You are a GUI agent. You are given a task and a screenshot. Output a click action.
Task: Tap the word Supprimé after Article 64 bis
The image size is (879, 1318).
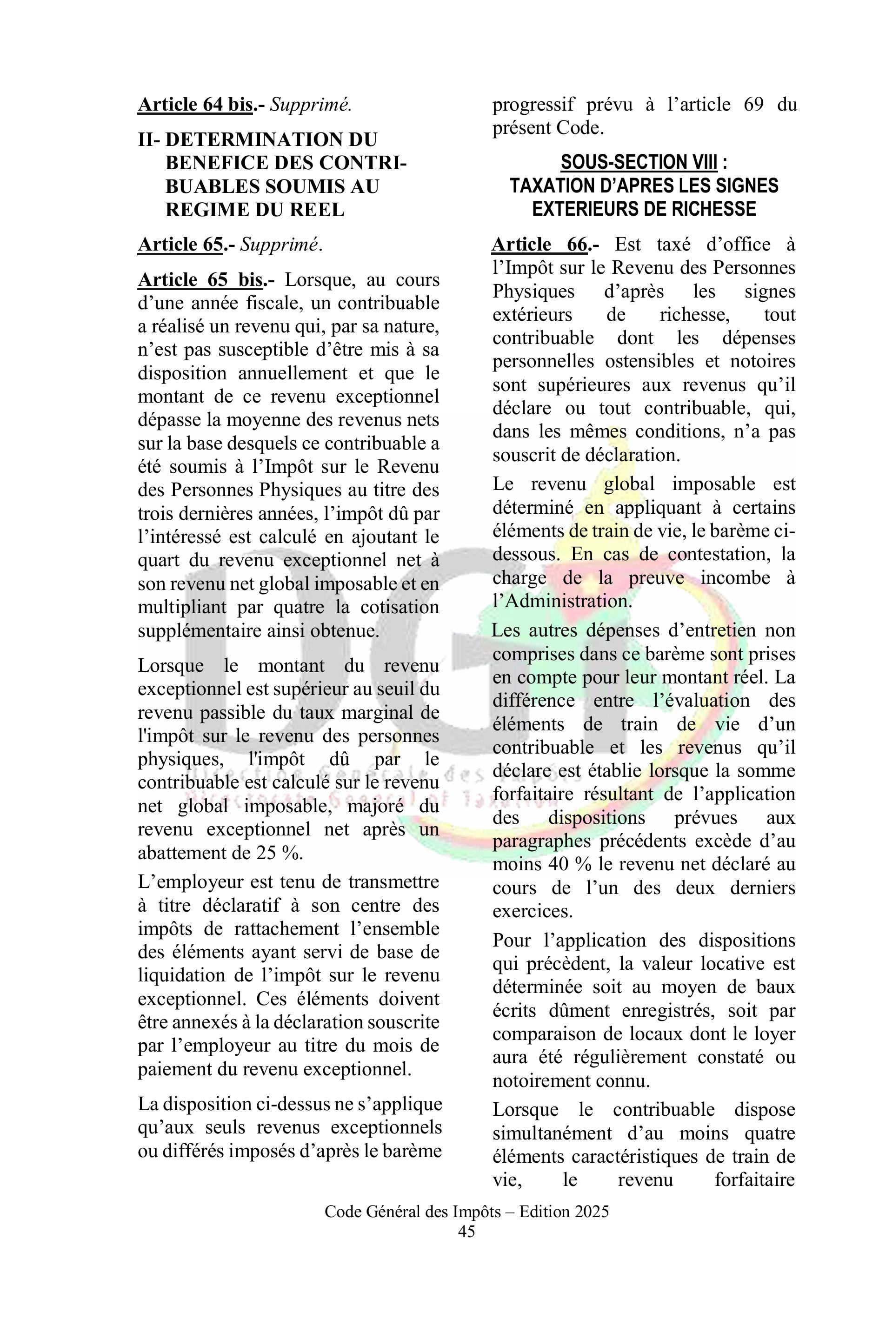[x=311, y=105]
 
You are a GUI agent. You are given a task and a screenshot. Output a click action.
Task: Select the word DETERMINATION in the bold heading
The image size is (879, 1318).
[x=271, y=139]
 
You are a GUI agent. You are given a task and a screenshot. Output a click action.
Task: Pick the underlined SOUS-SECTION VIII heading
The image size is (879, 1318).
[x=639, y=163]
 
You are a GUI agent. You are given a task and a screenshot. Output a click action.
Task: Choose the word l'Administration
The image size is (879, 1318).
[x=562, y=601]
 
